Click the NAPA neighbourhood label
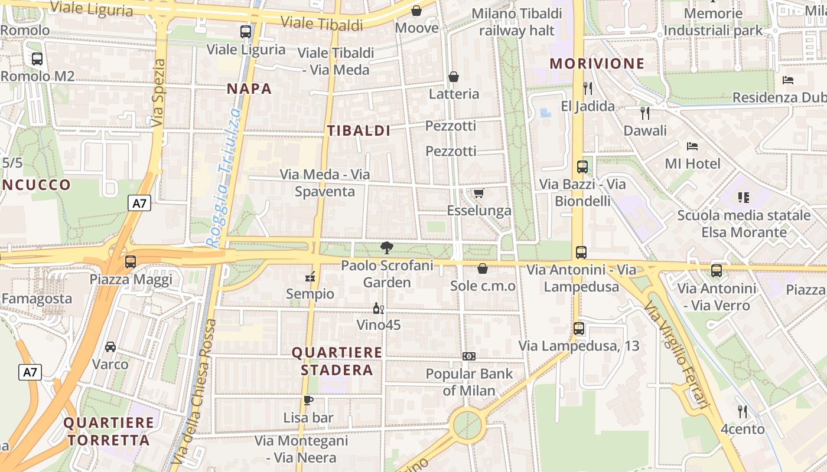pos(249,89)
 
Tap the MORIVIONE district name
pos(597,64)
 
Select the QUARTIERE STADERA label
pos(337,361)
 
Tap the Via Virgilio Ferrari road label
pos(677,355)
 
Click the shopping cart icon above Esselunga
pos(479,194)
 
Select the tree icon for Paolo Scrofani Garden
pos(387,248)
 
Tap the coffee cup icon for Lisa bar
pos(308,401)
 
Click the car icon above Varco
pos(110,347)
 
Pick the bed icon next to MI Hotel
pos(692,146)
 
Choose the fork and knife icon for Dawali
pos(644,113)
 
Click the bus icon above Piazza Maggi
pos(131,261)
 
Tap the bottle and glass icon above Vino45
pos(378,308)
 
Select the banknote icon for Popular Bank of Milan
pos(469,356)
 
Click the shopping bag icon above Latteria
pos(454,77)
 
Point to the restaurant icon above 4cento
pos(743,411)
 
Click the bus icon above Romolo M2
pos(37,59)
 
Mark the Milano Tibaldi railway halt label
pos(517,22)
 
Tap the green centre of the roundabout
pos(467,424)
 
